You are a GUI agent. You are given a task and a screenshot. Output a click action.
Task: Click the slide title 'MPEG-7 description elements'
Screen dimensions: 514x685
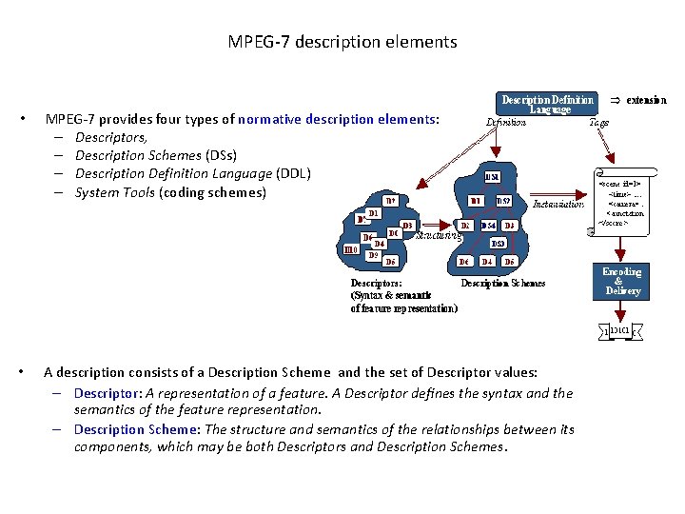342,42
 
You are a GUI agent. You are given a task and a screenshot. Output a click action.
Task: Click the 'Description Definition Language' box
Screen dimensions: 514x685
549,104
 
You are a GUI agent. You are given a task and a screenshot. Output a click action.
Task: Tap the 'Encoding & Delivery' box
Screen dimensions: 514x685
622,282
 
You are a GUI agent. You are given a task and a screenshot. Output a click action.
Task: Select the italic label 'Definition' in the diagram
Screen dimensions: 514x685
505,123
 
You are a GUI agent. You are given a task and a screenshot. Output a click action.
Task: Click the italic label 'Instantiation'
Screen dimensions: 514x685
558,204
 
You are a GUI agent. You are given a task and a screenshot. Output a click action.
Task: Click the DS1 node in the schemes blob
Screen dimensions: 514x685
492,177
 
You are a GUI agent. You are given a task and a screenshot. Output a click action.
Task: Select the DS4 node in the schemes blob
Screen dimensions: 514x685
488,226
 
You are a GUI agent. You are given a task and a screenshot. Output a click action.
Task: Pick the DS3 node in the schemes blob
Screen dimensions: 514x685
498,244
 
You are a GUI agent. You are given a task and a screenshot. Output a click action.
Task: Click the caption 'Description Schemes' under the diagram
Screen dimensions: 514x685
503,283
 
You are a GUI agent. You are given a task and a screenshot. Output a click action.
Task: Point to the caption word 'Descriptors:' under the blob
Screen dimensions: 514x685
376,283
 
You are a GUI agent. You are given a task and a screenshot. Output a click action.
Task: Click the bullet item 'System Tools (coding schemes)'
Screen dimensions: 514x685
170,192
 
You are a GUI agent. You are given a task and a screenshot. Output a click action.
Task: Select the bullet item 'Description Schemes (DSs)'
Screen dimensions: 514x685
155,155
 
